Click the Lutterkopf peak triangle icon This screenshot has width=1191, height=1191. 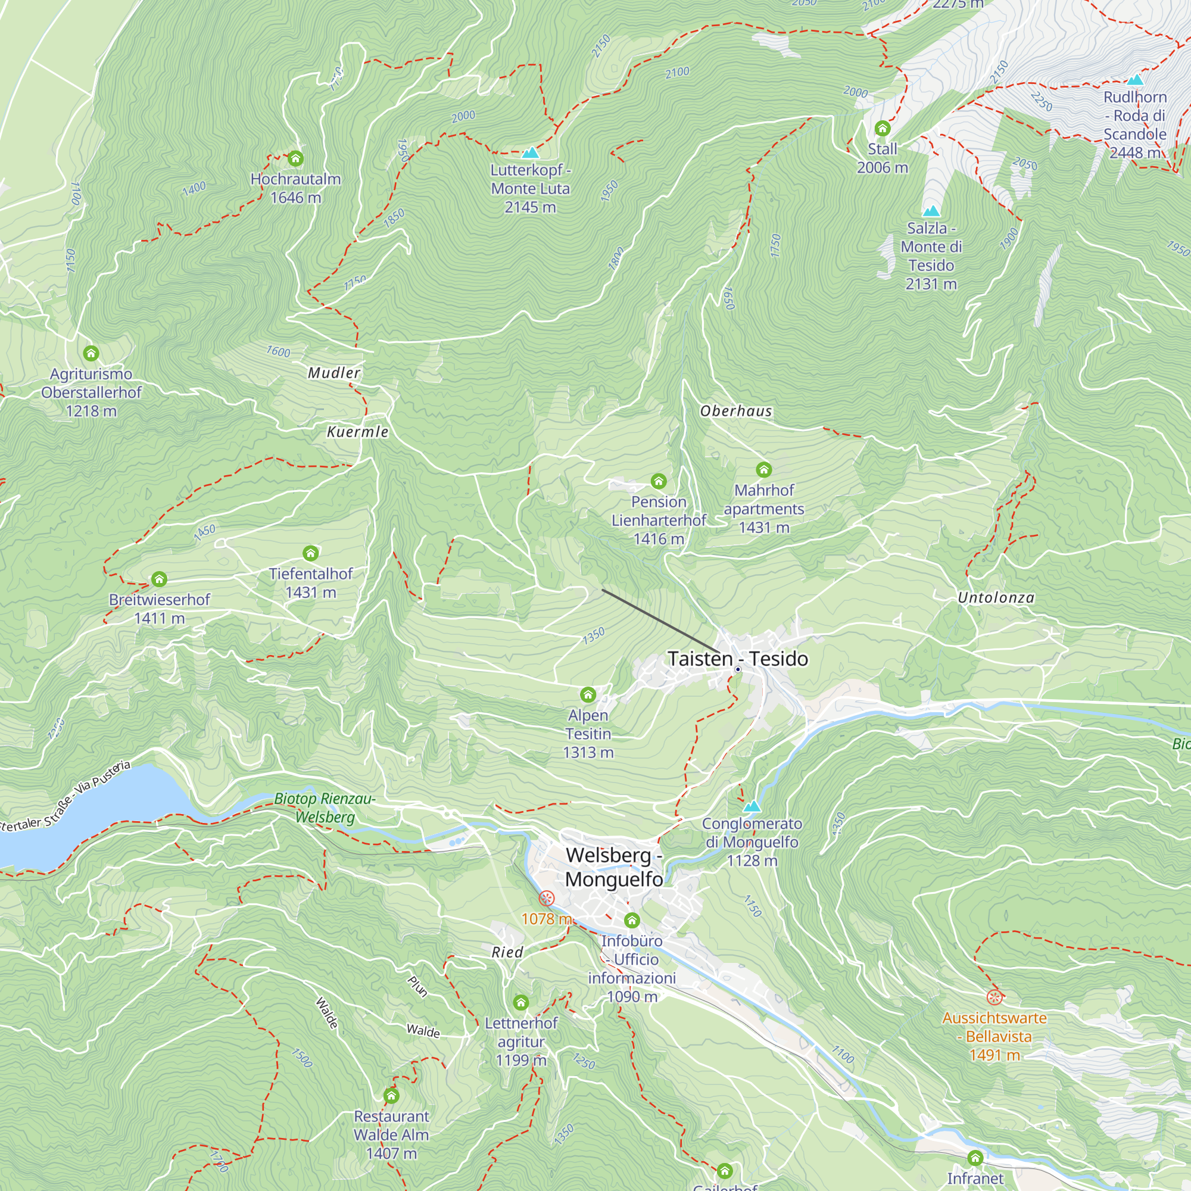coord(530,152)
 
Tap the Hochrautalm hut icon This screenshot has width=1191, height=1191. coord(295,159)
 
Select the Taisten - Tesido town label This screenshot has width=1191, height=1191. coord(737,659)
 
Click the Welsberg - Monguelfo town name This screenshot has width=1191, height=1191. coord(614,866)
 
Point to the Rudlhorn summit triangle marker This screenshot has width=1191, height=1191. coord(1135,80)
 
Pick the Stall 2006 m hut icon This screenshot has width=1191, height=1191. coord(882,129)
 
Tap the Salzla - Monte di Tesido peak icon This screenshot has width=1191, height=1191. coord(931,211)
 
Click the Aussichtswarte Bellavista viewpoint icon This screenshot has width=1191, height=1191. coord(993,997)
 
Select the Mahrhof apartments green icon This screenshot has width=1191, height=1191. coord(764,470)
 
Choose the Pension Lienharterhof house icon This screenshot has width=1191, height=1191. coord(659,481)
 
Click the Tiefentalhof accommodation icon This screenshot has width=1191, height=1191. coord(311,553)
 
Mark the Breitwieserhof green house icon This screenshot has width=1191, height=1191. coord(159,579)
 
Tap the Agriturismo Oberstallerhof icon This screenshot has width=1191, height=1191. coord(91,353)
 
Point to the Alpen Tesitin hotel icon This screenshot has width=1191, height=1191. coord(588,695)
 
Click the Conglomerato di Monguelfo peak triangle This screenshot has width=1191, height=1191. coord(752,806)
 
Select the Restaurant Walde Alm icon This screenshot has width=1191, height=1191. coord(391,1096)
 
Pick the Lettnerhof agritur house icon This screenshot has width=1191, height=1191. coord(521,1002)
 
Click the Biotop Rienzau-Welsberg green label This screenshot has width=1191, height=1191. coord(325,807)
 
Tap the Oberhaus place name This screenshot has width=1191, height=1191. coord(735,411)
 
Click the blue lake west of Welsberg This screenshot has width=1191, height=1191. coord(92,813)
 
